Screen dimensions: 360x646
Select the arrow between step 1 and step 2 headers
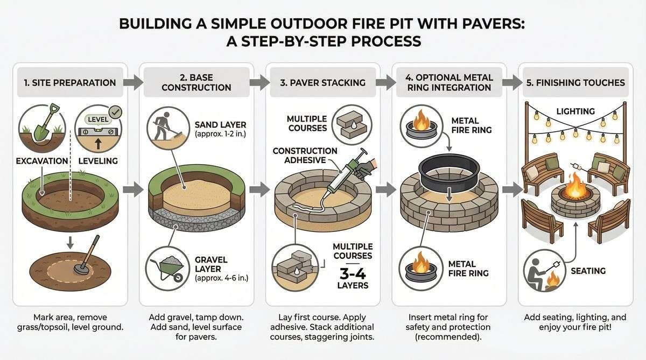pos(134,83)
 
